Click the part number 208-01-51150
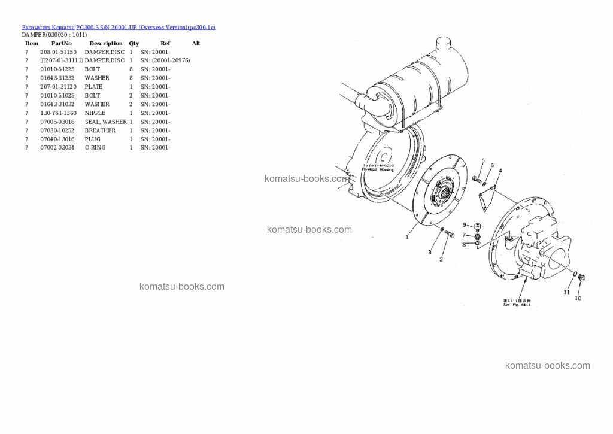tap(58, 52)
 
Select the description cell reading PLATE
tap(93, 87)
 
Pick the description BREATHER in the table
tap(100, 130)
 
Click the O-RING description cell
tap(95, 148)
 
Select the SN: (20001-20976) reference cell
tap(165, 60)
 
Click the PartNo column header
tap(61, 44)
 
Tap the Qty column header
tap(133, 44)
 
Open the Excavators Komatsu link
tap(48, 27)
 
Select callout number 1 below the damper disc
tap(407, 237)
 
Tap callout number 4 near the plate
tap(500, 171)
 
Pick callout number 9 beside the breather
tap(463, 224)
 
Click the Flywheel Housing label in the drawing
tap(378, 169)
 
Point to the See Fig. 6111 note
tap(517, 304)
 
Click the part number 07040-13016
tap(57, 139)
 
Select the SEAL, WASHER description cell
tap(105, 122)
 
